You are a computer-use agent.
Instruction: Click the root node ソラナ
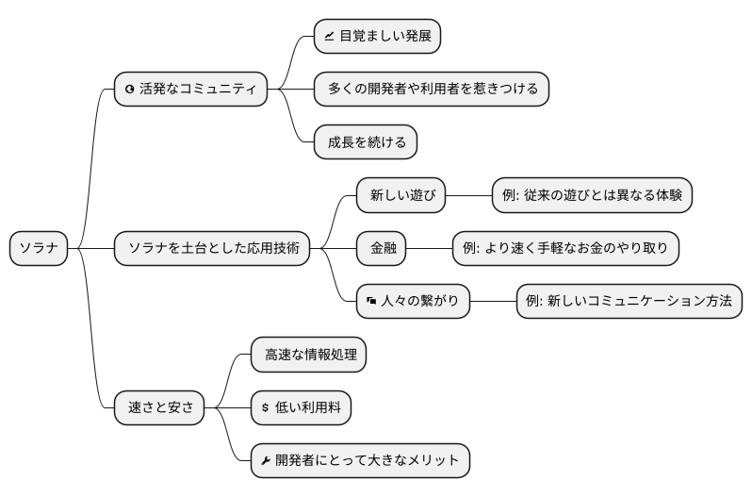[x=39, y=249]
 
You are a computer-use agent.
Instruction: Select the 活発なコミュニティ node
[x=190, y=90]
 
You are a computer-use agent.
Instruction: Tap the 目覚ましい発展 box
[x=377, y=37]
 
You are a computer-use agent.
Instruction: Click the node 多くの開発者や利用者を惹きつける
[x=432, y=90]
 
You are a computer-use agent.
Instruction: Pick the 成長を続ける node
[x=366, y=142]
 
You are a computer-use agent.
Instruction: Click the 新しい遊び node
[x=401, y=195]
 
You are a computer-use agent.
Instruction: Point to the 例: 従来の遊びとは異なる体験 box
[x=592, y=195]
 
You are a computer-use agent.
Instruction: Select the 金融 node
[x=383, y=249]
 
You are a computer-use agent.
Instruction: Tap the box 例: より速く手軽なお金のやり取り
[x=565, y=249]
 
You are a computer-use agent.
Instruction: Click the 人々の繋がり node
[x=413, y=302]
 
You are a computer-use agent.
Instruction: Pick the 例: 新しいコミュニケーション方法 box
[x=629, y=302]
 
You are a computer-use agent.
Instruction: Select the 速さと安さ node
[x=159, y=407]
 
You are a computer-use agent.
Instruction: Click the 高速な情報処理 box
[x=308, y=355]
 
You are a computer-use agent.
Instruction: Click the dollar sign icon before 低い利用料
[x=266, y=408]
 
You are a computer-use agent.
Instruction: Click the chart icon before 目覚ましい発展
[x=329, y=38]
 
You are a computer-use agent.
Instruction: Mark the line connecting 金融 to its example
[x=430, y=249]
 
